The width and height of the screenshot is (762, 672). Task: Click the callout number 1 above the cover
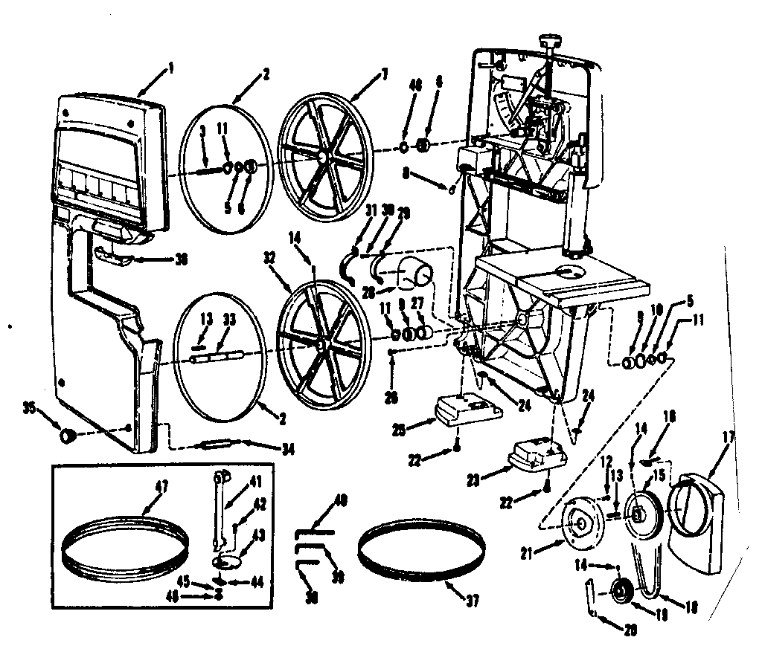point(170,68)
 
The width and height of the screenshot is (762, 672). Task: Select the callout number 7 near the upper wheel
point(385,73)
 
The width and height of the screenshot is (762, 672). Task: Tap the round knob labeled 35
point(68,435)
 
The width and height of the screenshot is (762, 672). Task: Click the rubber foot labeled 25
point(464,410)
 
